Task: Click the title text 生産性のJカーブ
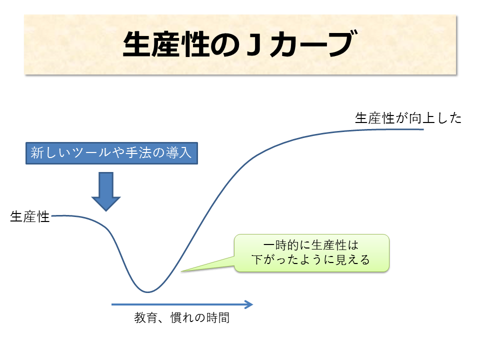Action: (240, 44)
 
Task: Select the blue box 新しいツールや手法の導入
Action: (111, 153)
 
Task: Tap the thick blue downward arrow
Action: (106, 191)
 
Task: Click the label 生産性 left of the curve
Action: (29, 216)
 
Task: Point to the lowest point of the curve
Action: (147, 292)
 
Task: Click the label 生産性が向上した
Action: (408, 118)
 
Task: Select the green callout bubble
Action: (311, 253)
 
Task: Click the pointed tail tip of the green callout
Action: (181, 271)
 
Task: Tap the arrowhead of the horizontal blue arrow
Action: (248, 304)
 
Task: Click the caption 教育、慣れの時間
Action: (182, 318)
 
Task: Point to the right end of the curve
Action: (423, 129)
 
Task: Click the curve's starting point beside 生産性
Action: (52, 216)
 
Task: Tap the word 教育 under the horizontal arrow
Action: (145, 318)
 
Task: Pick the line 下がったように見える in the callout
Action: (310, 259)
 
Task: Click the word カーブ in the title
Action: (313, 44)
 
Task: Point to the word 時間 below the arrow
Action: (218, 318)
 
